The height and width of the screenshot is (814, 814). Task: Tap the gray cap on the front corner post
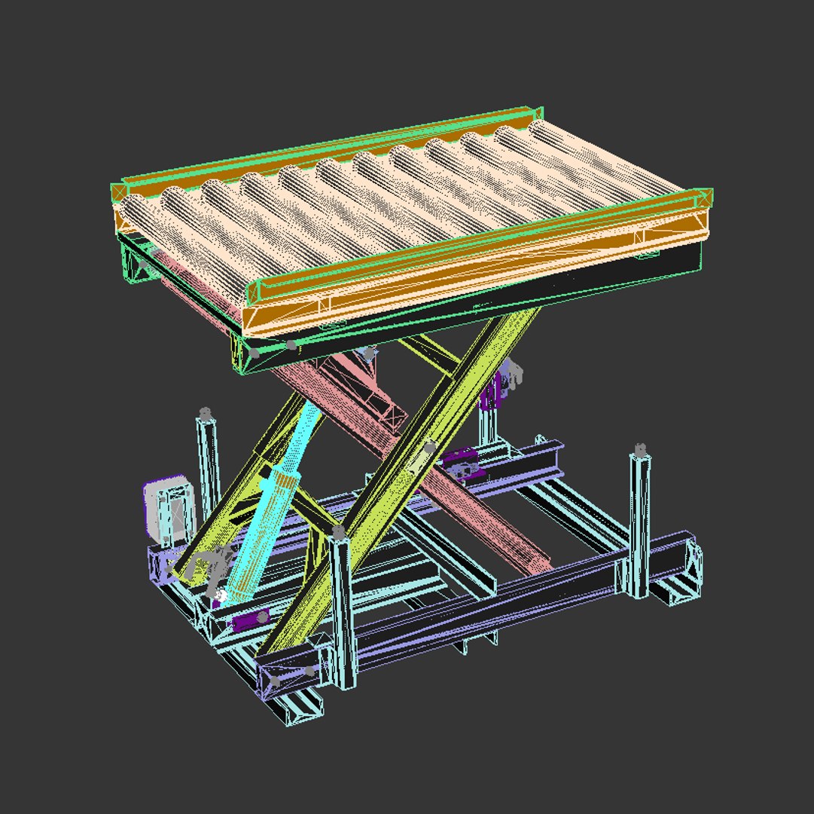tap(339, 533)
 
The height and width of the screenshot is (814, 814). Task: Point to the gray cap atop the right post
tap(640, 450)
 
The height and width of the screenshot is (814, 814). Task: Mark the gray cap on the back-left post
tap(205, 414)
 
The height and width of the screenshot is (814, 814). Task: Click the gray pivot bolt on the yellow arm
tap(429, 448)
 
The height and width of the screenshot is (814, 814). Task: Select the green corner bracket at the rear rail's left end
tap(118, 192)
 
